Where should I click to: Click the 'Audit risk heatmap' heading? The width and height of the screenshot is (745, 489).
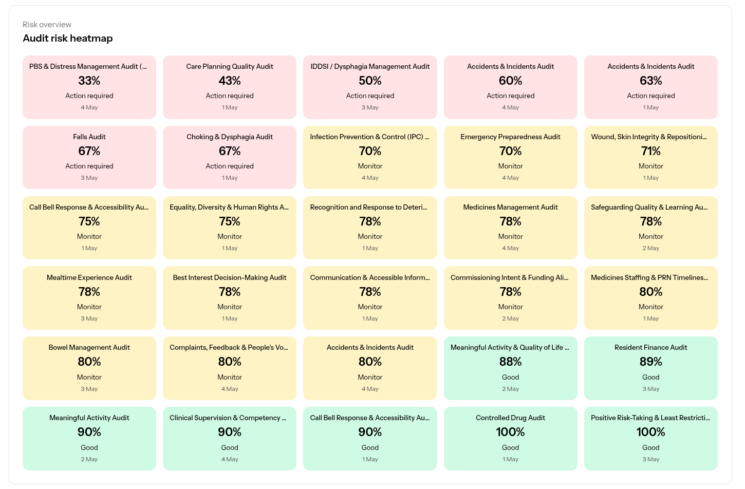[67, 38]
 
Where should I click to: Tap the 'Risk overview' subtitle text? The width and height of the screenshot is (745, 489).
[47, 24]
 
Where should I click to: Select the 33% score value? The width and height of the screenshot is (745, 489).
[89, 81]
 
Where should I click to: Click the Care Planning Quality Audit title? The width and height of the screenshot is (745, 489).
[230, 66]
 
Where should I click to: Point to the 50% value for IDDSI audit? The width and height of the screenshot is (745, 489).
[370, 81]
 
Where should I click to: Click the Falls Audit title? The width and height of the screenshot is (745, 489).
[89, 137]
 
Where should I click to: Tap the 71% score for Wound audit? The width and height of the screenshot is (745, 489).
[650, 151]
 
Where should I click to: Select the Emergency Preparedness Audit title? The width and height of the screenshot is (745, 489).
[510, 137]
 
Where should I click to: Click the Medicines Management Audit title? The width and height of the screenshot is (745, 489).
[510, 207]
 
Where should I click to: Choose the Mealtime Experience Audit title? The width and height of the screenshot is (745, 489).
[89, 277]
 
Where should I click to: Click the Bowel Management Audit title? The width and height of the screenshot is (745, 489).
[89, 347]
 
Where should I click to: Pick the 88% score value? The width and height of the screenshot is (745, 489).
[510, 362]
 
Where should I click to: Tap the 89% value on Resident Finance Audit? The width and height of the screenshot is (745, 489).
[650, 362]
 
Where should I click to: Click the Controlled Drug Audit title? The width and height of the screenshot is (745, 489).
[510, 418]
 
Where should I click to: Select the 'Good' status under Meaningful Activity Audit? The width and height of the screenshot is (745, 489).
[89, 447]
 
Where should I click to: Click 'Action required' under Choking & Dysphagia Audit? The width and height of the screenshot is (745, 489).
[230, 166]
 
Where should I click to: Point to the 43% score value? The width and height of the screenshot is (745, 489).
[230, 81]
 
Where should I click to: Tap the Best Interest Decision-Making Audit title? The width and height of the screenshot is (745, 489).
[230, 277]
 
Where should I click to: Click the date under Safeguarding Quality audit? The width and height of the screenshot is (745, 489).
[650, 248]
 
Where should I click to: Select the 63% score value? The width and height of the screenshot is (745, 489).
[650, 81]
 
